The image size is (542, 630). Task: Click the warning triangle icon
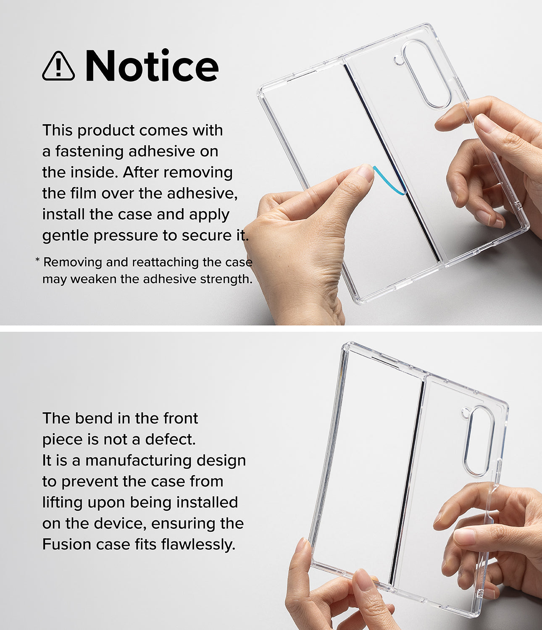58,66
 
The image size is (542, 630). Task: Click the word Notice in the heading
152,66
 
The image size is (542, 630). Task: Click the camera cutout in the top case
426,74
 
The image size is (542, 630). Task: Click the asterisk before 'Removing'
37,261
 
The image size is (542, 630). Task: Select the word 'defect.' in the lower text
171,439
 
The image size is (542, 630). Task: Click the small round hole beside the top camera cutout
398,60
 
